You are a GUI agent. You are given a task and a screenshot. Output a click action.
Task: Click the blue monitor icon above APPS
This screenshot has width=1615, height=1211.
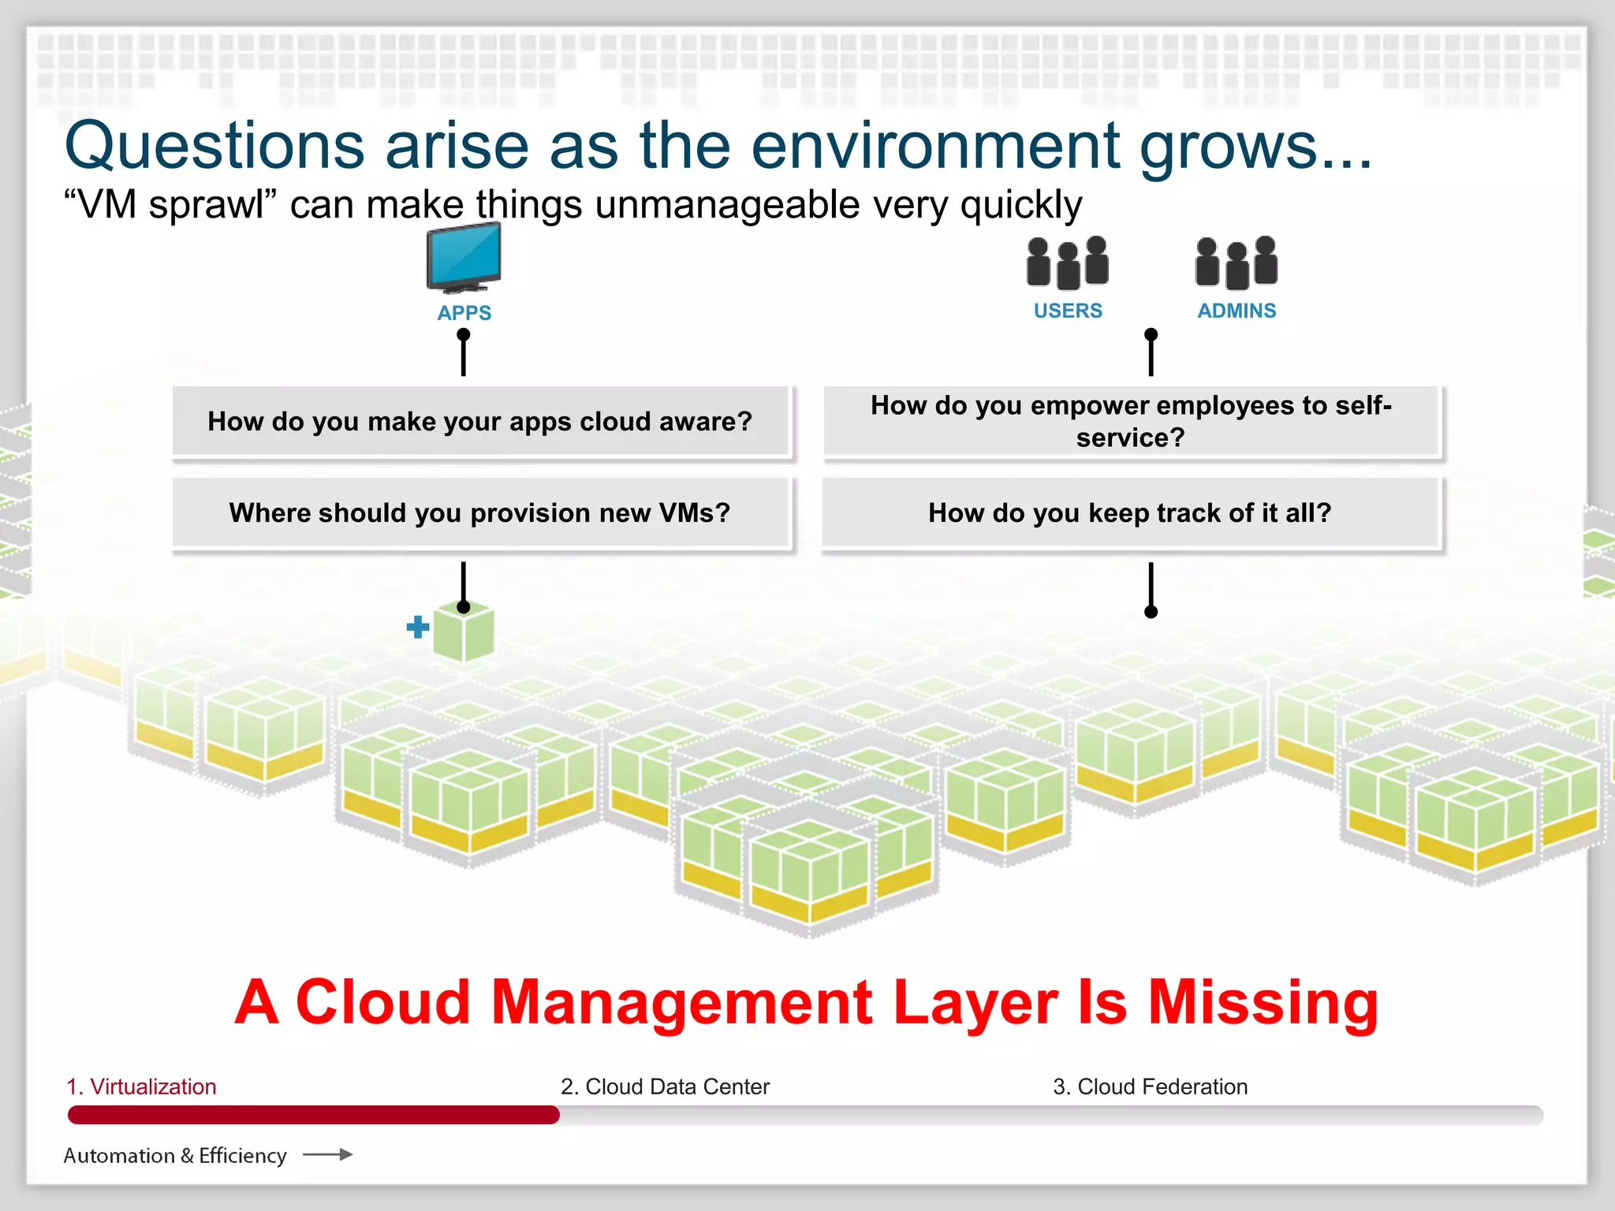pyautogui.click(x=464, y=257)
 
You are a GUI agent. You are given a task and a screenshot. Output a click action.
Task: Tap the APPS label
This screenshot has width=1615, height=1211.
pyautogui.click(x=464, y=313)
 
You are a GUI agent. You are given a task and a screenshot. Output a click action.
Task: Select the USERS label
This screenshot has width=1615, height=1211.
pyautogui.click(x=1068, y=311)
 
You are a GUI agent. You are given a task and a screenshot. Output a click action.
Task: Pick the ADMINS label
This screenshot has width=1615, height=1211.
pyautogui.click(x=1236, y=311)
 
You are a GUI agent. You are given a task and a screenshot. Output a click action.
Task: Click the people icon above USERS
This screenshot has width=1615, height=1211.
pyautogui.click(x=1068, y=263)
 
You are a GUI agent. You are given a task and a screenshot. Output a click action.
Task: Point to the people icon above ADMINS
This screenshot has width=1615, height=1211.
pyautogui.click(x=1236, y=263)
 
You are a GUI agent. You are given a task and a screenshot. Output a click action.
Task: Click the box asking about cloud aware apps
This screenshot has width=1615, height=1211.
pyautogui.click(x=480, y=422)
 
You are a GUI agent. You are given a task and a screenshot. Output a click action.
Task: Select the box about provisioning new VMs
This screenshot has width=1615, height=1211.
pyautogui.click(x=480, y=513)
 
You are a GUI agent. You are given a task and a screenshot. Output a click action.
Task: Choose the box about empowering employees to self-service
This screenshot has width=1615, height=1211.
pyautogui.click(x=1131, y=422)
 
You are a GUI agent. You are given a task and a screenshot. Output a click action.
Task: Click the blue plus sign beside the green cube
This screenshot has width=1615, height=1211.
pyautogui.click(x=418, y=628)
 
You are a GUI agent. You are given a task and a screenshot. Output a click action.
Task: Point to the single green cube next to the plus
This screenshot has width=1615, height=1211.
pyautogui.click(x=465, y=633)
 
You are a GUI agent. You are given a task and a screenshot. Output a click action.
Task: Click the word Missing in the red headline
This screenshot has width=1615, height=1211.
pyautogui.click(x=1263, y=1002)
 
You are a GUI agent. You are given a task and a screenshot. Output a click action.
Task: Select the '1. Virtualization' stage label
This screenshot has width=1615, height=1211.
pyautogui.click(x=141, y=1086)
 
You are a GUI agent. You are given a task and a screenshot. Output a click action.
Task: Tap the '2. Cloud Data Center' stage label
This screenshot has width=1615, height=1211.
pyautogui.click(x=665, y=1086)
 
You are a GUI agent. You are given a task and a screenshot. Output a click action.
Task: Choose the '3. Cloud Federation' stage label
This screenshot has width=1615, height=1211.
pyautogui.click(x=1150, y=1086)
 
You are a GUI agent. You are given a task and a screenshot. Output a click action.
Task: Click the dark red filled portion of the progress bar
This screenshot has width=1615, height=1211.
pyautogui.click(x=313, y=1115)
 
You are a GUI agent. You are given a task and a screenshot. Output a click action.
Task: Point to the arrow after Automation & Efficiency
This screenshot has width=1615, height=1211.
pyautogui.click(x=327, y=1155)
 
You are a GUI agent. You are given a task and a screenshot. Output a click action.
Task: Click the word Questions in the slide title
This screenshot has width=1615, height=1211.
pyautogui.click(x=214, y=147)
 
